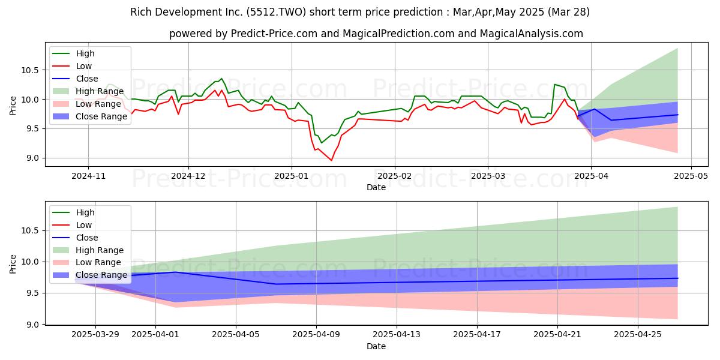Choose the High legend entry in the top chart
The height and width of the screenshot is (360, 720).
coord(85,53)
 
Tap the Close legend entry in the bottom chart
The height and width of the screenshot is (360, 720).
coord(88,238)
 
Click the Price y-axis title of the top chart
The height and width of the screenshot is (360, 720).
coord(13,106)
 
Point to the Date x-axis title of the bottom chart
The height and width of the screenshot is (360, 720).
coord(376,347)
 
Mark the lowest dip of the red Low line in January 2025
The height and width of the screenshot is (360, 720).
coord(331,160)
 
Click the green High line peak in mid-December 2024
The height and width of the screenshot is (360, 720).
coord(221,78)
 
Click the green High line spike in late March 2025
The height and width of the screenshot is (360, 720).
coord(554,84)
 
